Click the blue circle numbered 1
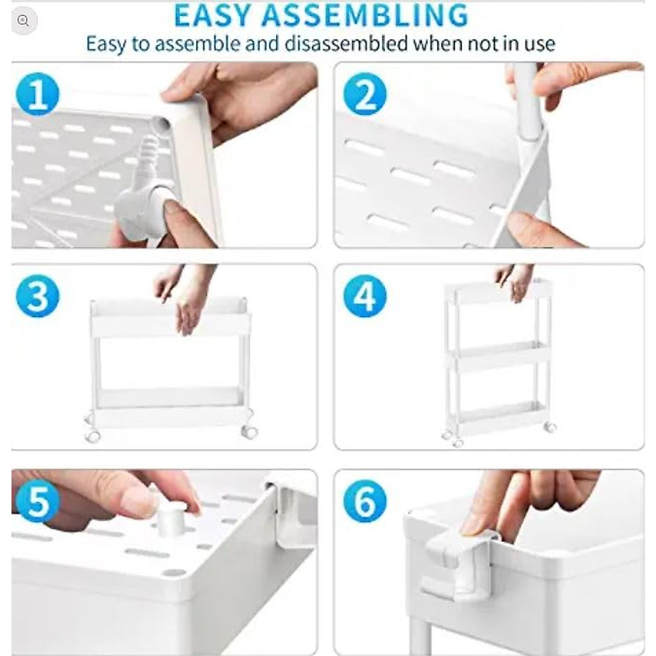click(x=38, y=94)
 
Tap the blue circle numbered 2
click(x=365, y=94)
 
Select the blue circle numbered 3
click(x=38, y=296)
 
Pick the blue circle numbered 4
click(x=365, y=296)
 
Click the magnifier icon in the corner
click(x=23, y=21)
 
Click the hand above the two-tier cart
click(x=186, y=298)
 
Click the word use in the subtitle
click(x=538, y=44)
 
